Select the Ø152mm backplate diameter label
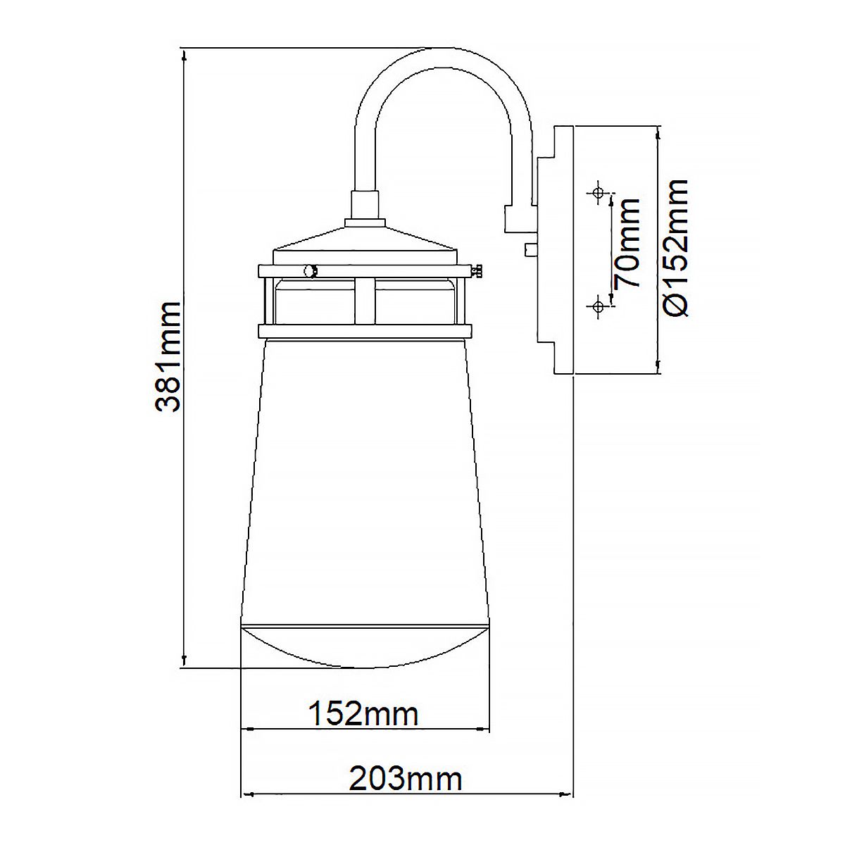click(675, 248)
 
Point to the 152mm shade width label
click(363, 714)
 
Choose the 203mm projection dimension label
click(406, 779)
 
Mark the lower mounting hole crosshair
click(598, 306)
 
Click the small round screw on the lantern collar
click(308, 270)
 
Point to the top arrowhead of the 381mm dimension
click(184, 55)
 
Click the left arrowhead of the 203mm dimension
click(246, 795)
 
